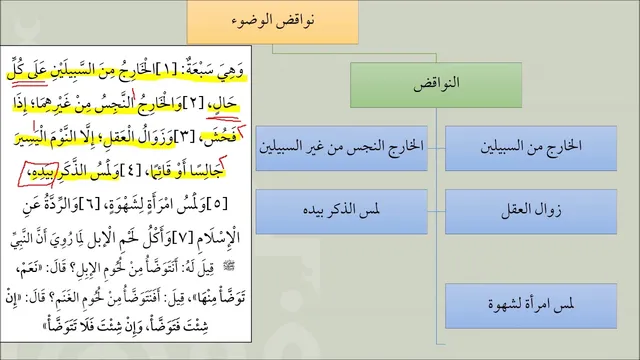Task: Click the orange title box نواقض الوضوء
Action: [x=273, y=22]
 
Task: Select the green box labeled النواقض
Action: [x=436, y=85]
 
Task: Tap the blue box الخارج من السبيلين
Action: [x=531, y=148]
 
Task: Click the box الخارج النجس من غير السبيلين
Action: [x=342, y=148]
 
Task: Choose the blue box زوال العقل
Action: [x=531, y=211]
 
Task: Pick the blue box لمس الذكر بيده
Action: [x=342, y=211]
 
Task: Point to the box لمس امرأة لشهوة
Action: [x=531, y=306]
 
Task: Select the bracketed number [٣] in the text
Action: [x=184, y=137]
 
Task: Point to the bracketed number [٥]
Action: [x=217, y=204]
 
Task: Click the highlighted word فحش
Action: [x=223, y=136]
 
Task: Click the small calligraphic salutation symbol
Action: [x=230, y=266]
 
